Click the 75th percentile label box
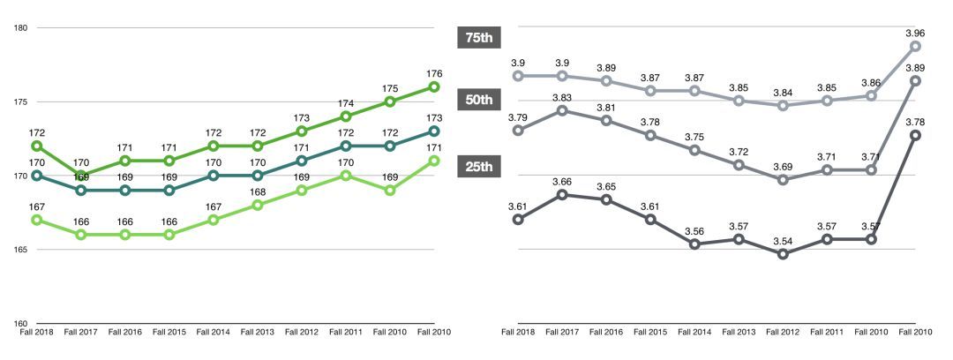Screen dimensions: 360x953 (x=480, y=37)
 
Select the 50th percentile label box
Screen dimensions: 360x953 (x=480, y=101)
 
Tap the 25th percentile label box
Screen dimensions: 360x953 (x=480, y=168)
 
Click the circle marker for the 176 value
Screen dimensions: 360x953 (x=434, y=86)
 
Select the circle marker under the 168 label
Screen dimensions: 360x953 (x=258, y=205)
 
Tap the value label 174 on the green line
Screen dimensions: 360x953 (x=346, y=103)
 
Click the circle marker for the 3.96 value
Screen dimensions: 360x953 (x=916, y=46)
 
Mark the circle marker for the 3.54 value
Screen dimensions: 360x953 (x=783, y=254)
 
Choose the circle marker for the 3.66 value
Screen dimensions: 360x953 (x=562, y=194)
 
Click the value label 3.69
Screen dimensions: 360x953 (x=783, y=166)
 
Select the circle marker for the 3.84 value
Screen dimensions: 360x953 (x=783, y=105)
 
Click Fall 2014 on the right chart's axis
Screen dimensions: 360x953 (x=694, y=333)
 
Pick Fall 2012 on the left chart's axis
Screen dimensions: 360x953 (x=302, y=333)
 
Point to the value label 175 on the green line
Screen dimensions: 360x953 (x=390, y=88)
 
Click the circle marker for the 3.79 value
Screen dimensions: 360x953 (x=518, y=131)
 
